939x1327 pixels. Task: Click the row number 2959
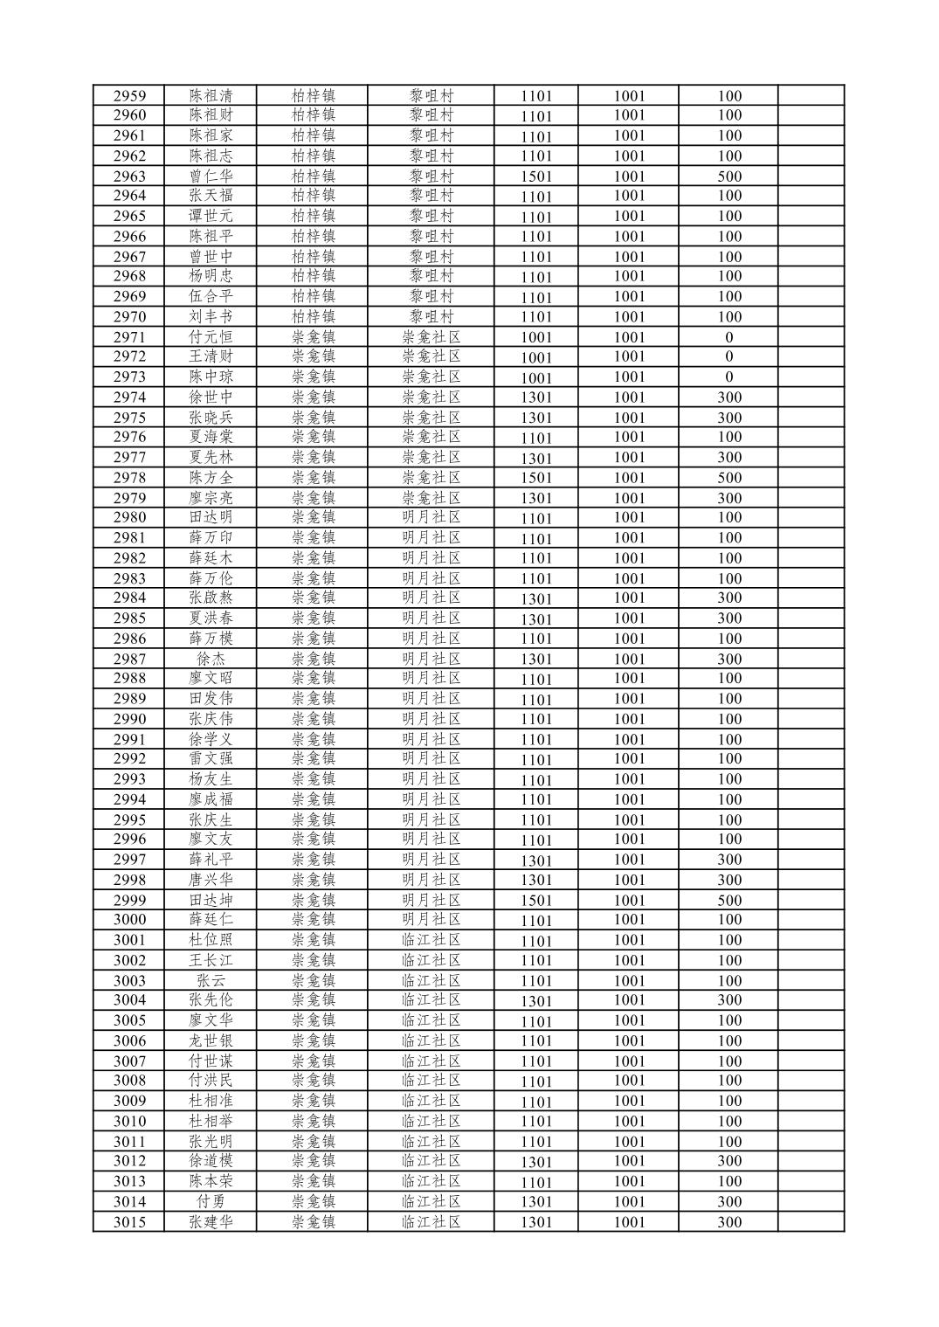pyautogui.click(x=129, y=96)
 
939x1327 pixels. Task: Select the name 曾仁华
pyautogui.click(x=211, y=176)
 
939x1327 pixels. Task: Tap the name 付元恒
pyautogui.click(x=211, y=337)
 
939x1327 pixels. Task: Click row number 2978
pyautogui.click(x=129, y=478)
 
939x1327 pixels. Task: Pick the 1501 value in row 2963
pyautogui.click(x=536, y=176)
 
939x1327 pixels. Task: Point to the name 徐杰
pyautogui.click(x=211, y=659)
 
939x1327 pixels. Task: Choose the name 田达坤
pyautogui.click(x=211, y=900)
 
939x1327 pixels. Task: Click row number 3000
pyautogui.click(x=129, y=919)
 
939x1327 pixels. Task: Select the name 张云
pyautogui.click(x=211, y=980)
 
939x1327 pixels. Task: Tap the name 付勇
pyautogui.click(x=211, y=1201)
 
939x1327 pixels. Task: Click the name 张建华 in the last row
pyautogui.click(x=211, y=1222)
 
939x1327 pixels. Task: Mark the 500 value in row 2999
pyautogui.click(x=729, y=900)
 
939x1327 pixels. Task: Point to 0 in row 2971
pyautogui.click(x=729, y=337)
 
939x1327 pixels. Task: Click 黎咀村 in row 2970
pyautogui.click(x=432, y=316)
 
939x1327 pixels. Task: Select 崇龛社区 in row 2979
pyautogui.click(x=432, y=498)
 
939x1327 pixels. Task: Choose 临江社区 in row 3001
pyautogui.click(x=432, y=940)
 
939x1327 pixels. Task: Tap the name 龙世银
pyautogui.click(x=211, y=1040)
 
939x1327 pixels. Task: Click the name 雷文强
pyautogui.click(x=211, y=758)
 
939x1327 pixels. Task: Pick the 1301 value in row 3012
pyautogui.click(x=536, y=1162)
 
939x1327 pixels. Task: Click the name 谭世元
pyautogui.click(x=211, y=216)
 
